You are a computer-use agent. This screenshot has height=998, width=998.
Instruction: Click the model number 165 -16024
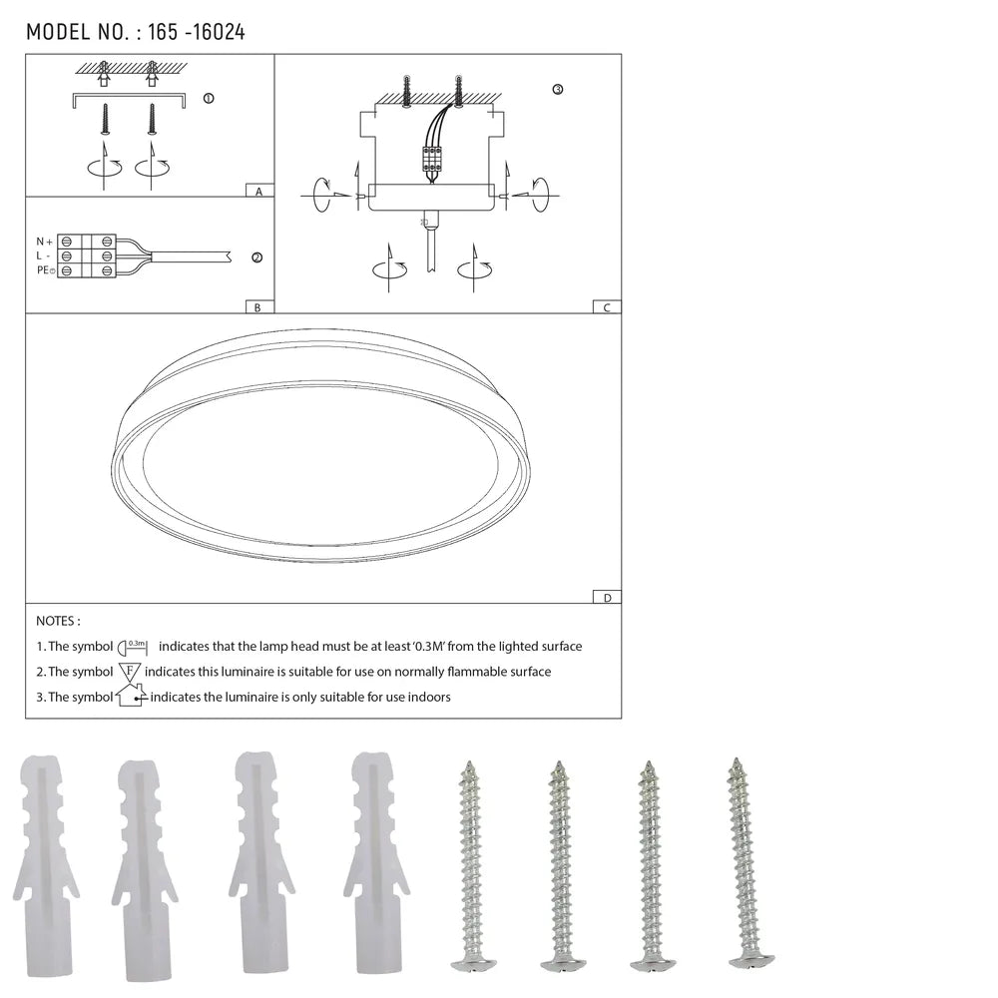pyautogui.click(x=196, y=32)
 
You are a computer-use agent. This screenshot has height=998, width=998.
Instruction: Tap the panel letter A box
pyautogui.click(x=258, y=191)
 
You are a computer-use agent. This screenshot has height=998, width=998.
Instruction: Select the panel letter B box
pyautogui.click(x=257, y=307)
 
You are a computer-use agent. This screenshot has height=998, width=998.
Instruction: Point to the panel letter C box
pyautogui.click(x=606, y=307)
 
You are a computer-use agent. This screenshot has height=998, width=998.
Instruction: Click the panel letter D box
pyautogui.click(x=606, y=598)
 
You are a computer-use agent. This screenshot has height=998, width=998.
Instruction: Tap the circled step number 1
pyautogui.click(x=208, y=99)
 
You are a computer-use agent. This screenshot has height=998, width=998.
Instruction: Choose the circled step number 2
pyautogui.click(x=256, y=257)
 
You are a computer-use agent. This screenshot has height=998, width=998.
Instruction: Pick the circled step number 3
pyautogui.click(x=557, y=90)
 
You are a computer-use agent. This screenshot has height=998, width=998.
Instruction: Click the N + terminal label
pyautogui.click(x=44, y=242)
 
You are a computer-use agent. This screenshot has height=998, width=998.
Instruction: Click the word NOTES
pyautogui.click(x=58, y=621)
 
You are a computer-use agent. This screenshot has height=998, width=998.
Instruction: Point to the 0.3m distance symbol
pyautogui.click(x=134, y=647)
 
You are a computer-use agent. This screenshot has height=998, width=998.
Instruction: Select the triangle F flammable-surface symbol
pyautogui.click(x=130, y=672)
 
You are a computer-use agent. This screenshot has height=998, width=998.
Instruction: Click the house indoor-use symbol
pyautogui.click(x=131, y=696)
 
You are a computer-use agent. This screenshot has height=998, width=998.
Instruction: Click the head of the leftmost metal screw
pyautogui.click(x=472, y=963)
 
